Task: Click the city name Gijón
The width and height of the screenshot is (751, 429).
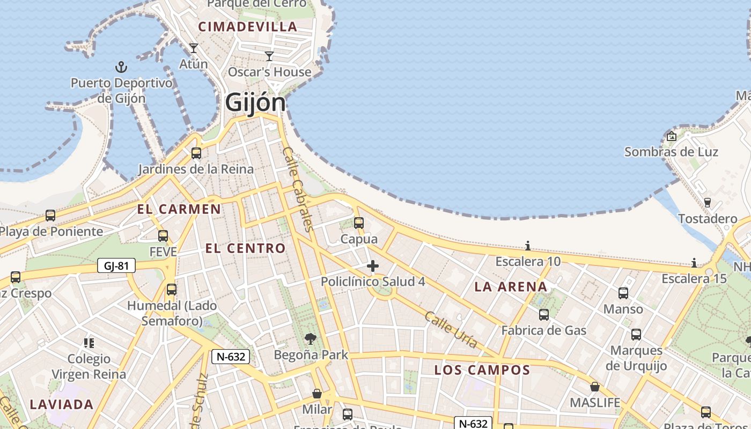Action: click(255, 102)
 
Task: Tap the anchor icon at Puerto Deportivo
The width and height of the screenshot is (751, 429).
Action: click(122, 68)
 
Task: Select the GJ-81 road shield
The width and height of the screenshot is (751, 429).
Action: click(116, 265)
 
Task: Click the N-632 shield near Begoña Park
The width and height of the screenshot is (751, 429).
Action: click(231, 357)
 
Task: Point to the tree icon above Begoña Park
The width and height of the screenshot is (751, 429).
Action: click(310, 339)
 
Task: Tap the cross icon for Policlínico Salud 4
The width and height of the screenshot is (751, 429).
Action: click(373, 266)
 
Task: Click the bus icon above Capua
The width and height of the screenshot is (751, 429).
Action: click(359, 223)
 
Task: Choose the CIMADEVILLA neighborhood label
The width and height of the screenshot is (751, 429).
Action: click(248, 27)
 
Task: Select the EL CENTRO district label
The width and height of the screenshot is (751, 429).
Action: click(246, 248)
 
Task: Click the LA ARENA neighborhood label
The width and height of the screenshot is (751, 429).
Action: click(511, 287)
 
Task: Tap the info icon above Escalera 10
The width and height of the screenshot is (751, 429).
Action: click(528, 246)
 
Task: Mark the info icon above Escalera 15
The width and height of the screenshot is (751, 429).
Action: click(694, 263)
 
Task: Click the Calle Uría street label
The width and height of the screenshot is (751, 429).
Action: click(451, 329)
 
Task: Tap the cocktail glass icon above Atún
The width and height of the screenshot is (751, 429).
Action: click(194, 48)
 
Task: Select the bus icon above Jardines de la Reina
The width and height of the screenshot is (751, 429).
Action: click(196, 153)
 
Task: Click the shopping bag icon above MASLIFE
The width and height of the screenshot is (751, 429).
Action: click(595, 387)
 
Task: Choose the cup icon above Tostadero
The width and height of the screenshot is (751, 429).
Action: click(707, 203)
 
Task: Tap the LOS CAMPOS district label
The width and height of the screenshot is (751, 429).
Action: click(482, 370)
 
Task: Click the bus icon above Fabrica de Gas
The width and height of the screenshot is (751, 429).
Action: click(544, 315)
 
